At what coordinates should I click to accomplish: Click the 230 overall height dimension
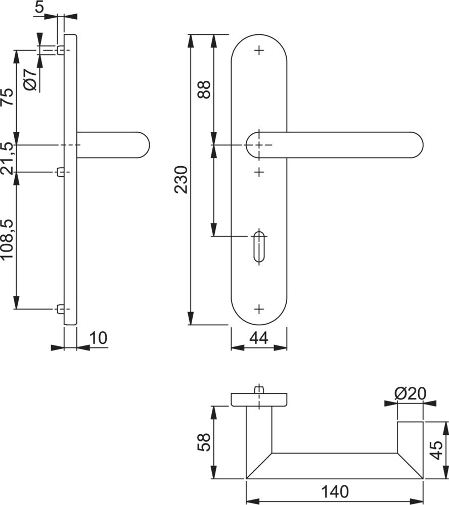(x=182, y=180)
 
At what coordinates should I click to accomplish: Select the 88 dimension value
(x=205, y=89)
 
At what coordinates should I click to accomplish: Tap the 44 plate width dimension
(x=258, y=338)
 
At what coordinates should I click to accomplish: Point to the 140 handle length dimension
(x=333, y=491)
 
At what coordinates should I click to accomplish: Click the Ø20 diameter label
(x=410, y=393)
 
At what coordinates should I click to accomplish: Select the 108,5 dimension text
(x=7, y=240)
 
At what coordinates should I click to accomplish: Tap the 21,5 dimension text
(x=7, y=158)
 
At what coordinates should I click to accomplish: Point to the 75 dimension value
(x=7, y=97)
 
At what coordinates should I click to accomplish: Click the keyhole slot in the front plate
(x=258, y=246)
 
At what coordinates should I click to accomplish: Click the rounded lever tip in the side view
(x=144, y=145)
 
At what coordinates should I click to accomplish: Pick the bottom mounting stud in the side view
(x=61, y=309)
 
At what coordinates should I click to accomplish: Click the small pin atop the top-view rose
(x=259, y=389)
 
